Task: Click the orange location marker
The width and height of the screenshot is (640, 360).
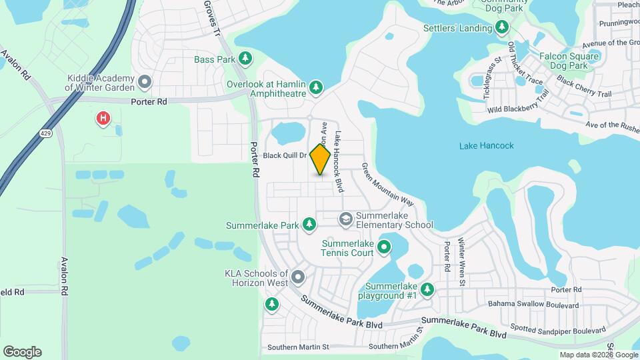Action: click(321, 159)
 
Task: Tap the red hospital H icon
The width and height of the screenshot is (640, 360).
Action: click(103, 119)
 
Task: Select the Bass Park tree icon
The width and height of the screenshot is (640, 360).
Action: click(245, 59)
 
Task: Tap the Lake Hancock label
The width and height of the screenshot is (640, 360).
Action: click(487, 145)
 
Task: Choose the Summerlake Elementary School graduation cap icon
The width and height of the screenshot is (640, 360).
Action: click(345, 219)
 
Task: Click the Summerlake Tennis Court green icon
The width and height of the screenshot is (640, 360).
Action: click(384, 248)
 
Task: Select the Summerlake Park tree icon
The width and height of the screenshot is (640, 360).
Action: click(309, 225)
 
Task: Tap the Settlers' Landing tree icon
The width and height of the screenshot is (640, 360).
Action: click(503, 27)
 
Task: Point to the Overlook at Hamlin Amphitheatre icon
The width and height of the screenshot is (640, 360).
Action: click(317, 87)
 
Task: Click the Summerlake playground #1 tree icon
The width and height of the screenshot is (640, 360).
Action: click(427, 289)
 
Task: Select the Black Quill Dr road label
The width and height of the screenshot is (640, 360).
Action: click(284, 155)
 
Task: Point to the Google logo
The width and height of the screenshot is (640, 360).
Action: click(22, 352)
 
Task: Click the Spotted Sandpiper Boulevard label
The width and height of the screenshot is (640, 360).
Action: click(557, 329)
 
